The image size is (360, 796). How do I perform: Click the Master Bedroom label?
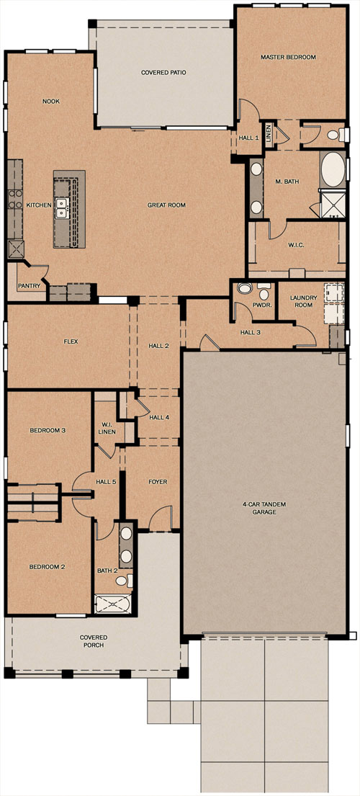[x=288, y=58]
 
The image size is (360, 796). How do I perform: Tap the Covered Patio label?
[x=163, y=73]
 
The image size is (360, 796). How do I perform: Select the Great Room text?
[x=166, y=205]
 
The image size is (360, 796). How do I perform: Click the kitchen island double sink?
[x=62, y=207]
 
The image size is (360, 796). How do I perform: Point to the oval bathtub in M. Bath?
[x=332, y=169]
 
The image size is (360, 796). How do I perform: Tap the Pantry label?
[x=29, y=286]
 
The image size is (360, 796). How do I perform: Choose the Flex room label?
[x=71, y=341]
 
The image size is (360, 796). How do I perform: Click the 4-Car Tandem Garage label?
[x=264, y=508]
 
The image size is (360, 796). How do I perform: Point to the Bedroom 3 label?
[x=47, y=431]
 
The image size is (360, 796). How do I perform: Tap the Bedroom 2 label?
[x=47, y=566]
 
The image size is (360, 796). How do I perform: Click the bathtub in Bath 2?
[x=112, y=604]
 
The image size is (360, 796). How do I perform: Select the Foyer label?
[x=158, y=482]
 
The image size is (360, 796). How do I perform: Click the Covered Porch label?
[x=94, y=641]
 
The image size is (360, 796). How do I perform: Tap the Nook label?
[x=50, y=102]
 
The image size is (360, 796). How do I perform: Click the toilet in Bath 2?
[x=124, y=580]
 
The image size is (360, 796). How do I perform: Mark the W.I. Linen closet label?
[x=107, y=429]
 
